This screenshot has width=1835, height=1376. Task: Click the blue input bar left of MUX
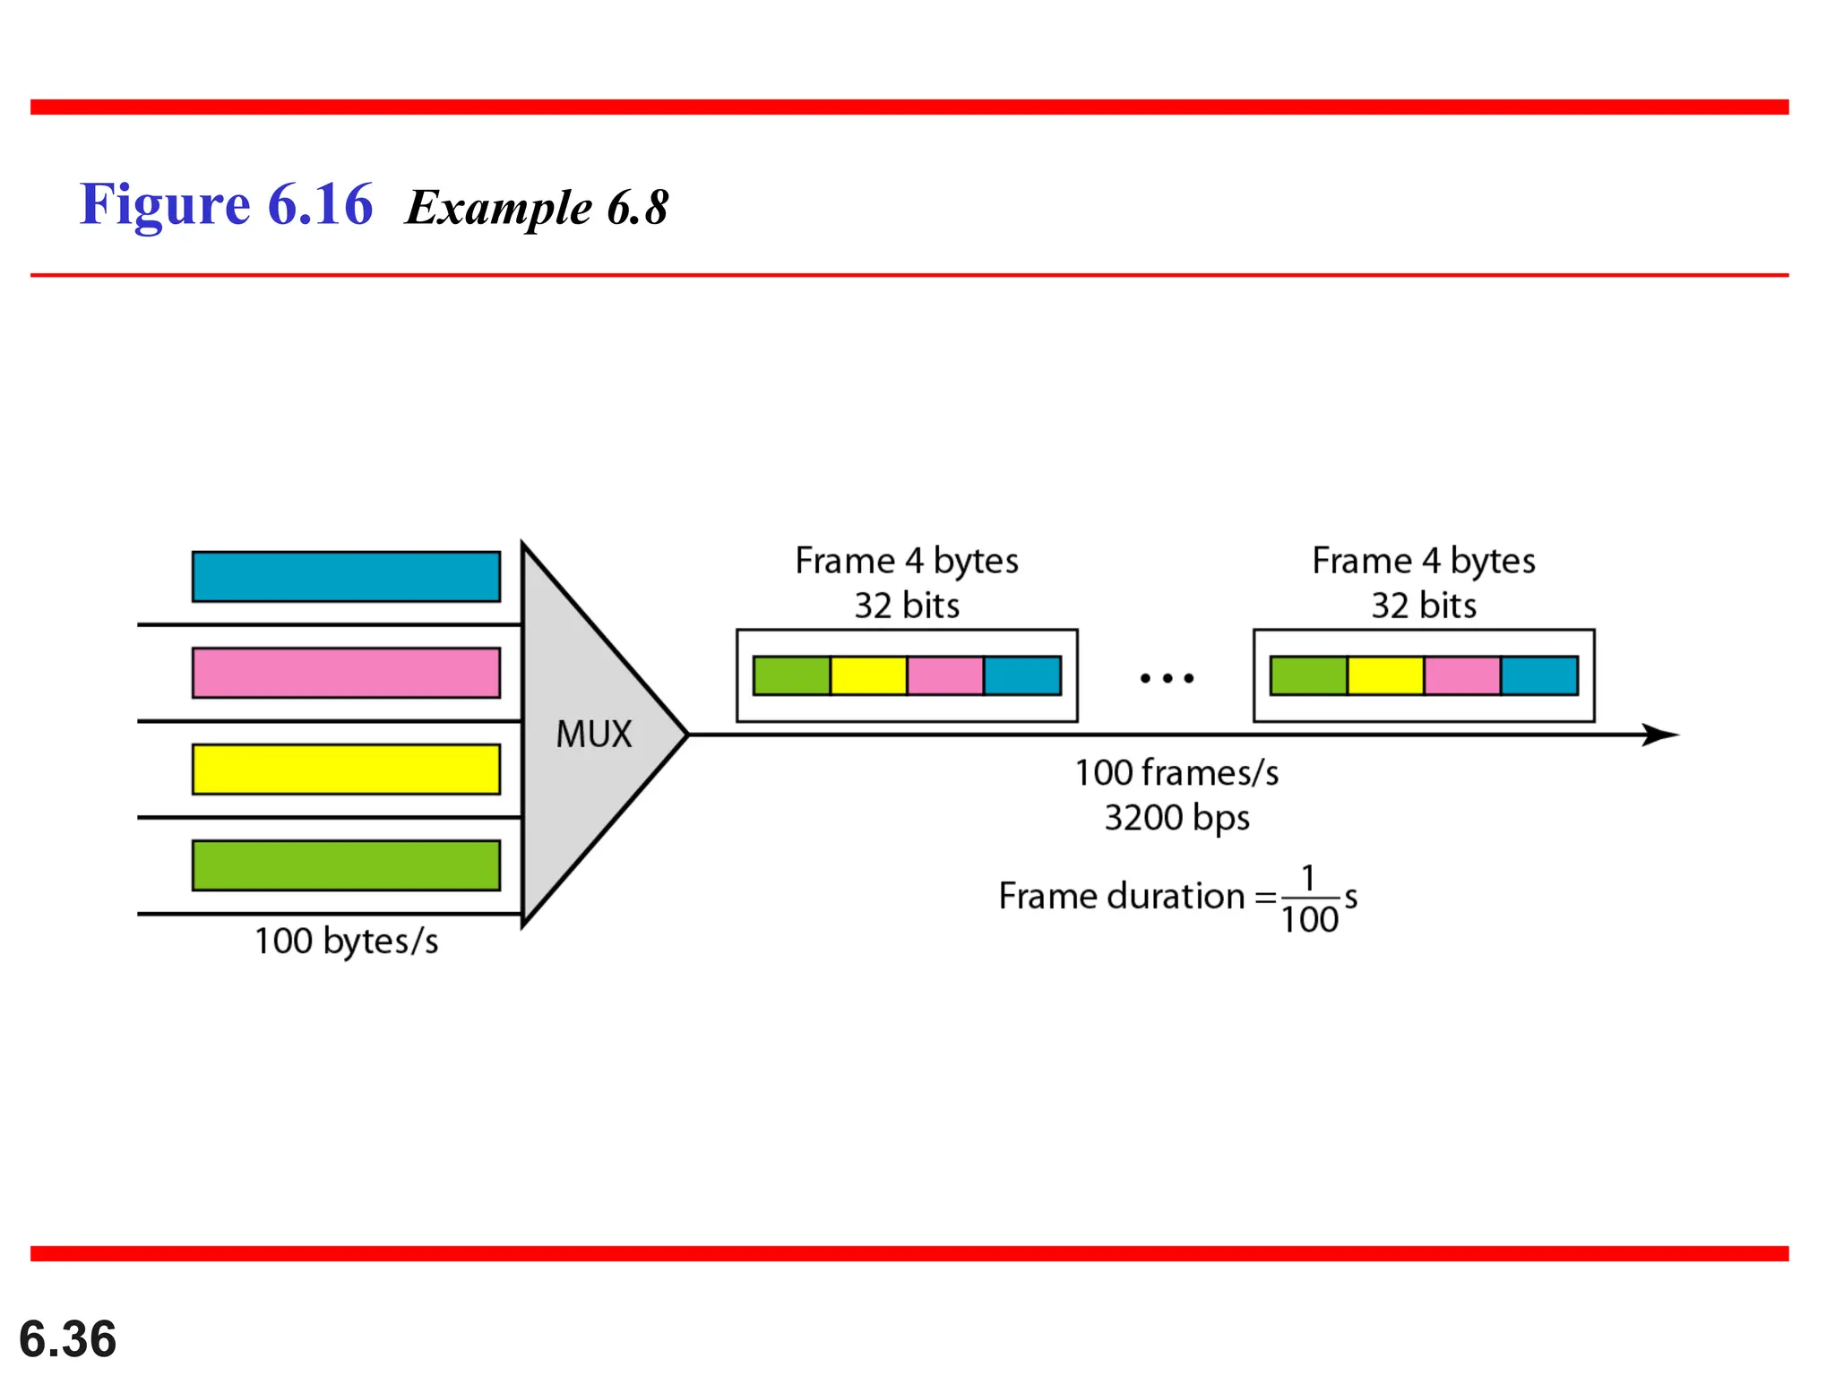pos(346,577)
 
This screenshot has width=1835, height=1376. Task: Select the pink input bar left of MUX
pos(346,673)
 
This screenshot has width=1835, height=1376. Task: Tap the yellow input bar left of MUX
pos(346,770)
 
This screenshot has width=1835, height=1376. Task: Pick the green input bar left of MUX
pos(346,865)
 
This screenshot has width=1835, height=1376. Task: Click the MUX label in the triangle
pos(594,735)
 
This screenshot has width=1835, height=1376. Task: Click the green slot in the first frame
pos(792,675)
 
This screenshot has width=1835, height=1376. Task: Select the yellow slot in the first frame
pos(868,675)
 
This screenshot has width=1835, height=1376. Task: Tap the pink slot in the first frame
pos(945,675)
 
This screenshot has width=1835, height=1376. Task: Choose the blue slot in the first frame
pos(1022,675)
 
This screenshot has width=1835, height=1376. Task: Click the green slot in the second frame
pos(1308,675)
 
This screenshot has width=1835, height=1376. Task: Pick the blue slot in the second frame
pos(1539,675)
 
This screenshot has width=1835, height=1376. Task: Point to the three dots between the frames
pos(1167,678)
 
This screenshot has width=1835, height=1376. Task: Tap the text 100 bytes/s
pos(347,942)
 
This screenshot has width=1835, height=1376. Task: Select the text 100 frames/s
pos(1176,773)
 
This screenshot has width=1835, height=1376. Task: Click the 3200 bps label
pos(1176,818)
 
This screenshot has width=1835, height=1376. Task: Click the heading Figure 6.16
pos(226,204)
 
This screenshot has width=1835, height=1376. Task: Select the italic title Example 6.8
pos(537,208)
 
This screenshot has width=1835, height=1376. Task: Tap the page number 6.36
pos(68,1338)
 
